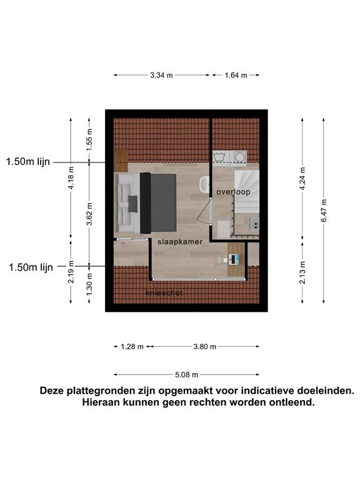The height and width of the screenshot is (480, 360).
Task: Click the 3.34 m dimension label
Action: click(161, 75)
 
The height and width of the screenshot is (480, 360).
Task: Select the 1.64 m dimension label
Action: click(236, 75)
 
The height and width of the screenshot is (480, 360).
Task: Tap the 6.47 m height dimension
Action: click(324, 211)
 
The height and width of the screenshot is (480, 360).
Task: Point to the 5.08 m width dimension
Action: click(186, 374)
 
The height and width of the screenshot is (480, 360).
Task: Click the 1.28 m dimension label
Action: click(132, 346)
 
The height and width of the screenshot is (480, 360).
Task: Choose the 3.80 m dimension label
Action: click(204, 346)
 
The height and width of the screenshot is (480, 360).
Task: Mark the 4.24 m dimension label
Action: click(302, 179)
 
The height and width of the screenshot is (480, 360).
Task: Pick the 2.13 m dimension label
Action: click(302, 272)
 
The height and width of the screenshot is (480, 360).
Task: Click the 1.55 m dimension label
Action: click(89, 139)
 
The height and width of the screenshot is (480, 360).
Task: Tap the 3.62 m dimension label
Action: click(89, 214)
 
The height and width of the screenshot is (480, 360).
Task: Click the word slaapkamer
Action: click(180, 242)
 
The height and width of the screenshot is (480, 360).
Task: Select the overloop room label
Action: click(233, 192)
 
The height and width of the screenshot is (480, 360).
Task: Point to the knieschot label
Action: click(164, 293)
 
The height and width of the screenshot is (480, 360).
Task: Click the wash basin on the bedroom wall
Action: click(204, 184)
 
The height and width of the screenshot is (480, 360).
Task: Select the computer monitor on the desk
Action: click(233, 259)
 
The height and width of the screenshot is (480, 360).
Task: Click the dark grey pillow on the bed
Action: click(132, 204)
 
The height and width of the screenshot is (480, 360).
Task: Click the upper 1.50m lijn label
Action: click(28, 162)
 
